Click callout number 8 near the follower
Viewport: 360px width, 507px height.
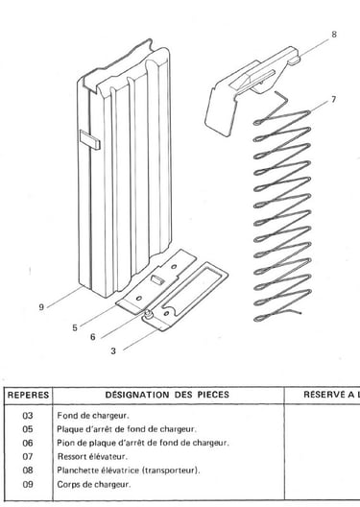click(334, 35)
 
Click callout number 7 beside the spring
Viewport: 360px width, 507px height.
click(333, 100)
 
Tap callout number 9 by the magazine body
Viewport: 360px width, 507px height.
click(41, 307)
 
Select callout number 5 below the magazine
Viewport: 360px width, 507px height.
click(75, 327)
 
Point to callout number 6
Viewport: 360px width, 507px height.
click(93, 337)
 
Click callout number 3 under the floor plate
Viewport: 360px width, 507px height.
click(113, 351)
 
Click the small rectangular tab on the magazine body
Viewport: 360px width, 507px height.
click(90, 139)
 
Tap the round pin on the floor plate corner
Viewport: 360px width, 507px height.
click(148, 313)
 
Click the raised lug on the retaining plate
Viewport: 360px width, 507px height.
click(157, 278)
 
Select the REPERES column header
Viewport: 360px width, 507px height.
click(28, 395)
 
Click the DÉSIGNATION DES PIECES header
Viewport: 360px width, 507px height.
click(167, 395)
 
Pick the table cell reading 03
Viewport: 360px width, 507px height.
click(28, 416)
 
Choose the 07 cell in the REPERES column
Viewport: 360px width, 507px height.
click(28, 456)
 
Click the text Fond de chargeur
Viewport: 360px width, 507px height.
click(93, 416)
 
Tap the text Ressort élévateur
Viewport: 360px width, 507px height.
click(92, 456)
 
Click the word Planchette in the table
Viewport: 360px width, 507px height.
click(75, 471)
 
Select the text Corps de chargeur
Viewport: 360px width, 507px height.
click(94, 485)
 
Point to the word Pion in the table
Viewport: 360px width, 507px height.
click(64, 443)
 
